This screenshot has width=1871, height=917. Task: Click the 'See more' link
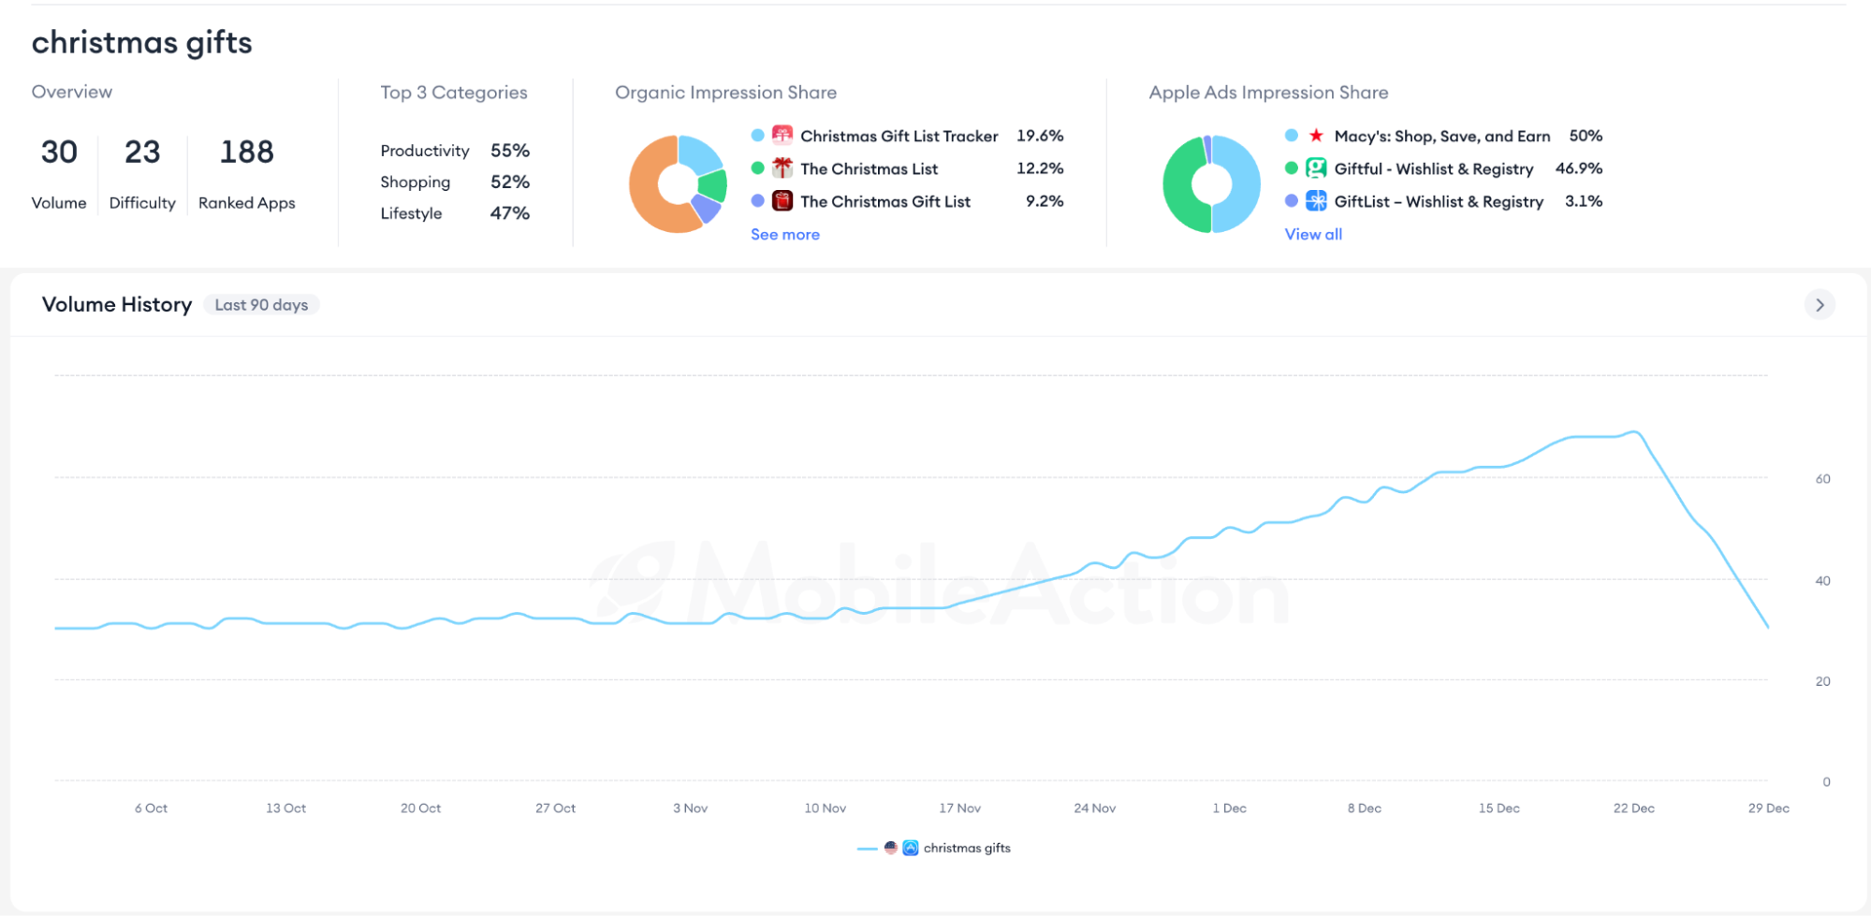click(784, 235)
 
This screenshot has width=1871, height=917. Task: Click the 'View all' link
click(1313, 235)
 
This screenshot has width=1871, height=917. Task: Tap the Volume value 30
click(59, 152)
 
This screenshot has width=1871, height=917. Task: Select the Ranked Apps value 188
click(247, 152)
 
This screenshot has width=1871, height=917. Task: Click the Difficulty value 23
click(142, 152)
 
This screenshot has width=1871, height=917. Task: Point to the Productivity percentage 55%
click(510, 151)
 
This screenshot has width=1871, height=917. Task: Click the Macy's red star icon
click(1316, 136)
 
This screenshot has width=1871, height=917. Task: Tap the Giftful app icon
click(1316, 168)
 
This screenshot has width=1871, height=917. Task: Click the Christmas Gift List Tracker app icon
click(782, 136)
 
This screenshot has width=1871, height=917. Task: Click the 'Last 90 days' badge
click(261, 305)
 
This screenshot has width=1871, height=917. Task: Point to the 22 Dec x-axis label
click(1633, 808)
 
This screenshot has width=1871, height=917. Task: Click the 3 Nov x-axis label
click(690, 808)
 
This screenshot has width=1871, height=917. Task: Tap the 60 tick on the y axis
click(1822, 479)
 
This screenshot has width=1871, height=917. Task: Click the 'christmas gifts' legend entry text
click(967, 849)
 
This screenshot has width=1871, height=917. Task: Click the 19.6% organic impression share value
click(1040, 136)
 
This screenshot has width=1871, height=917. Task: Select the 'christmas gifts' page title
click(142, 43)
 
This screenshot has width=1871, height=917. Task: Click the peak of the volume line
click(1634, 432)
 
